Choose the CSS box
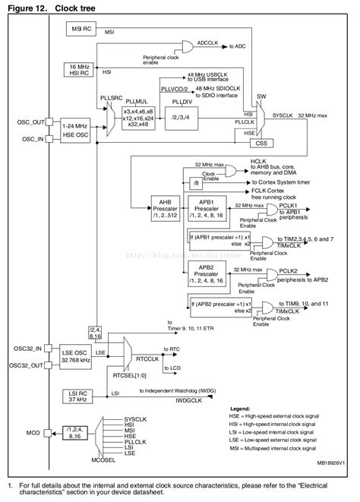[261, 141]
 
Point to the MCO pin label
[32, 433]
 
